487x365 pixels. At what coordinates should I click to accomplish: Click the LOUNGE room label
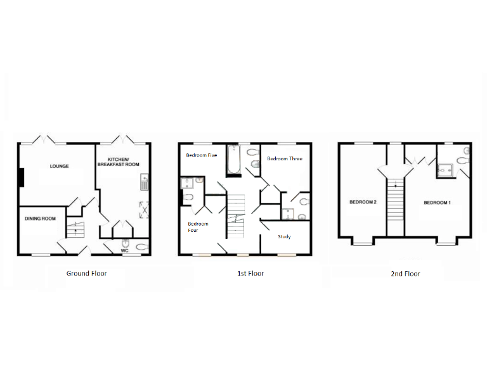(60, 167)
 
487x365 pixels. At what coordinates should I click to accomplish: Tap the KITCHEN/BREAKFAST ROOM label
(118, 162)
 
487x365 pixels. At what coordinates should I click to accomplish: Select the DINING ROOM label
(41, 219)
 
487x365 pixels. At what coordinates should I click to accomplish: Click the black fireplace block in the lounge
(22, 177)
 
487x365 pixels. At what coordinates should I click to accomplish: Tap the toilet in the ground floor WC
(141, 247)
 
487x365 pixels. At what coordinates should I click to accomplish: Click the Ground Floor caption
(86, 274)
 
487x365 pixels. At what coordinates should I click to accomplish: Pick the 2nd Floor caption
(405, 274)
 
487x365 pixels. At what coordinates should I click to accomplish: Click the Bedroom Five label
(200, 155)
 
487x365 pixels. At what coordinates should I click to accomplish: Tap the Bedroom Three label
(284, 159)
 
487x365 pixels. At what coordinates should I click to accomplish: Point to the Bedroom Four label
(198, 227)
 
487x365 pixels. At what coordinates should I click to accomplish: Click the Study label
(284, 237)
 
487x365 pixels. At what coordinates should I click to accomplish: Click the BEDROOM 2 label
(363, 203)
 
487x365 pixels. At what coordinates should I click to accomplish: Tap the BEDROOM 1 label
(437, 203)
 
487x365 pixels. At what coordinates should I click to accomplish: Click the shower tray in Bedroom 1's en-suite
(445, 169)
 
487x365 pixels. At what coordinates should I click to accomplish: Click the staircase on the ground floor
(75, 230)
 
